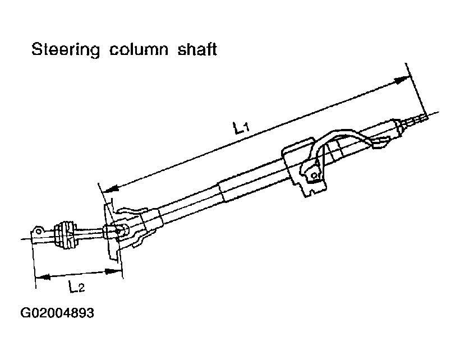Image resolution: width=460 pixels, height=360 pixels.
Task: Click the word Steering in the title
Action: pos(65,50)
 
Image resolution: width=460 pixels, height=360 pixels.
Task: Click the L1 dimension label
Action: pos(241,128)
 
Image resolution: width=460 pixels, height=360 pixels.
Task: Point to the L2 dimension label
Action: pos(77,288)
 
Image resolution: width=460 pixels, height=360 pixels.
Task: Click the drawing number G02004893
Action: pos(57,313)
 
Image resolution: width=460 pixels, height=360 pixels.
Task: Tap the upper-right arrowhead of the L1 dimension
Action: pos(399,80)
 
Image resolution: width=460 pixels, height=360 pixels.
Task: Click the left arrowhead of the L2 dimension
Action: pos(41,278)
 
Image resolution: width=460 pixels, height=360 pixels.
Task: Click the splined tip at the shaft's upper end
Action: pos(418,118)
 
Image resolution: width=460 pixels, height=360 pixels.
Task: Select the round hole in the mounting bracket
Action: pos(314,176)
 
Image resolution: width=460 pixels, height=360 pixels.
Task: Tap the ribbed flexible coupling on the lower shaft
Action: pos(65,234)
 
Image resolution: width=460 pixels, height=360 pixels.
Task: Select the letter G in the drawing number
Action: pos(25,313)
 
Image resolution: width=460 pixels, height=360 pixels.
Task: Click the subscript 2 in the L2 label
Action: pos(81,290)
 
